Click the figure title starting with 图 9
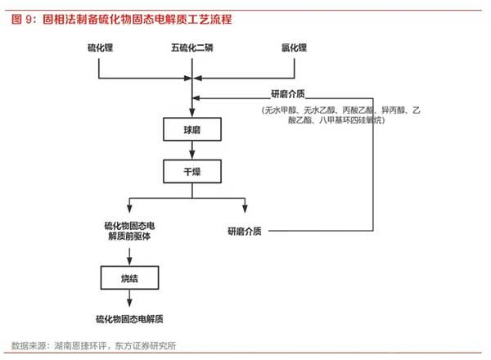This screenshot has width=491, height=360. coord(121,20)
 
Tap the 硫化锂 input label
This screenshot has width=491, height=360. coord(100,47)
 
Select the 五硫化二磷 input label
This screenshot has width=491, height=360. coord(192,47)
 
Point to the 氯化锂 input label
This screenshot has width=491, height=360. coord(294,47)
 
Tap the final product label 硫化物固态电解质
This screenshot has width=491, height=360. coord(129,319)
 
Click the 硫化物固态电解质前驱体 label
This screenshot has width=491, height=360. coord(129,231)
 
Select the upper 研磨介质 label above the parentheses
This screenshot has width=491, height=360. coord(288,93)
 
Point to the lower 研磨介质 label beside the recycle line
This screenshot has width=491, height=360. coord(245,232)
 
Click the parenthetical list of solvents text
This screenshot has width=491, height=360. coord(340,115)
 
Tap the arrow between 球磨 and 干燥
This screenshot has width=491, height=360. coord(192,151)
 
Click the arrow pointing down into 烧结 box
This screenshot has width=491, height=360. coord(129,257)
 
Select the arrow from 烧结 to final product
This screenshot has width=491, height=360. coord(129,298)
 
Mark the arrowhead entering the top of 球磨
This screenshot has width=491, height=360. coord(192,113)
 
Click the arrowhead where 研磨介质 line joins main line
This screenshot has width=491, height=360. coord(196,98)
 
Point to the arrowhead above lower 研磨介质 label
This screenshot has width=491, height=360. coord(245,209)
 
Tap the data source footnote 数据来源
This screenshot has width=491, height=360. coord(93,345)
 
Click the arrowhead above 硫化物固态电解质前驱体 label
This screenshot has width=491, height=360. coord(129,209)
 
